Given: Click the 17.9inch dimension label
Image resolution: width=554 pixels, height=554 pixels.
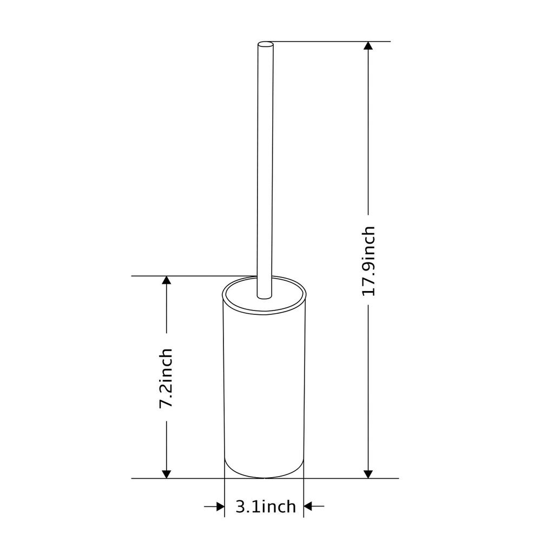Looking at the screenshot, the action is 368,261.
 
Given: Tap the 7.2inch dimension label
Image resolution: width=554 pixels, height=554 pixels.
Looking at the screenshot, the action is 166,378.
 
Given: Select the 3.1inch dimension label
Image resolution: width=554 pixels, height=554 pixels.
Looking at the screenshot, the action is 266,506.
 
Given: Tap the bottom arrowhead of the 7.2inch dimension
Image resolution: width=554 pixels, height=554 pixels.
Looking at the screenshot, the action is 167,474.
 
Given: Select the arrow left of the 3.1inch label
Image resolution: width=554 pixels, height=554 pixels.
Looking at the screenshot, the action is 214,506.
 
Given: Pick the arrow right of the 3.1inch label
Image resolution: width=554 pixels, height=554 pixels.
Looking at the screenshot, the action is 314,506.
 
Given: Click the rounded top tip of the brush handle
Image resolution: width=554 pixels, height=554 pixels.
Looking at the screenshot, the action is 266,44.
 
